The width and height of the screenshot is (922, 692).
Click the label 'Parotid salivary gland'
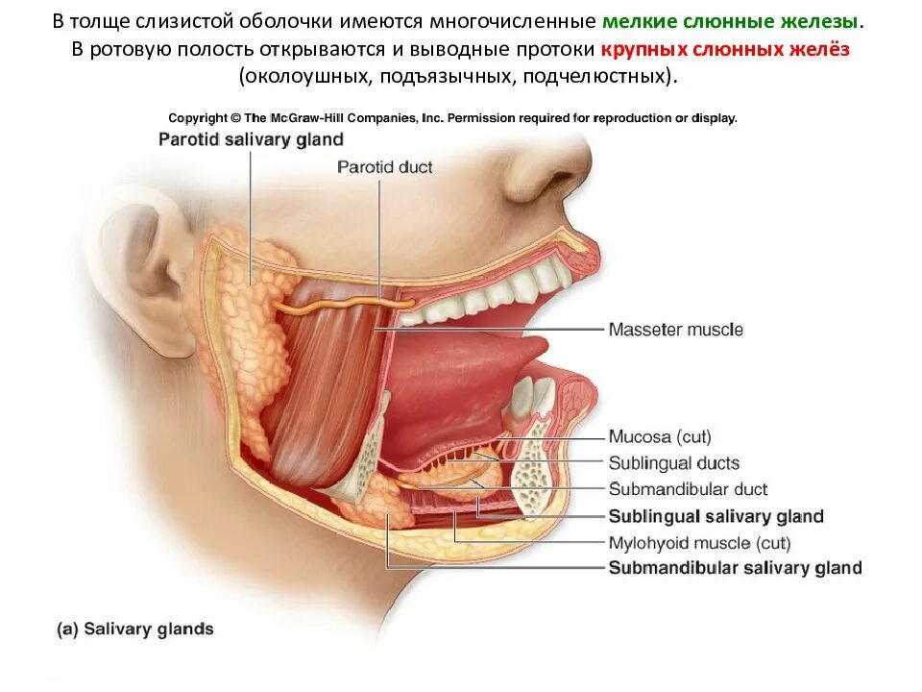(250, 139)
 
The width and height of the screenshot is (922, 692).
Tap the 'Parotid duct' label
(384, 167)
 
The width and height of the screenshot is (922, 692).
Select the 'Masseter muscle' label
(675, 330)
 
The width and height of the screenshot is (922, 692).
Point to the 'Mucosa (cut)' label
(660, 437)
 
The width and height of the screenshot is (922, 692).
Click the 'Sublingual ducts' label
(673, 463)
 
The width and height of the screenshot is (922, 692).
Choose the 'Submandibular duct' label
(688, 489)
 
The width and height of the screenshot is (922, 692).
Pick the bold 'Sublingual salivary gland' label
(716, 516)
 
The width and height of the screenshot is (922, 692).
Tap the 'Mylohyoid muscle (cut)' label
(699, 543)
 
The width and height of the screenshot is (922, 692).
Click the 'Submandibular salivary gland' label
(735, 568)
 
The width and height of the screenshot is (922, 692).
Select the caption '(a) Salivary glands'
(135, 630)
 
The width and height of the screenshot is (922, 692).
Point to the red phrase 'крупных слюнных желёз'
(726, 49)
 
